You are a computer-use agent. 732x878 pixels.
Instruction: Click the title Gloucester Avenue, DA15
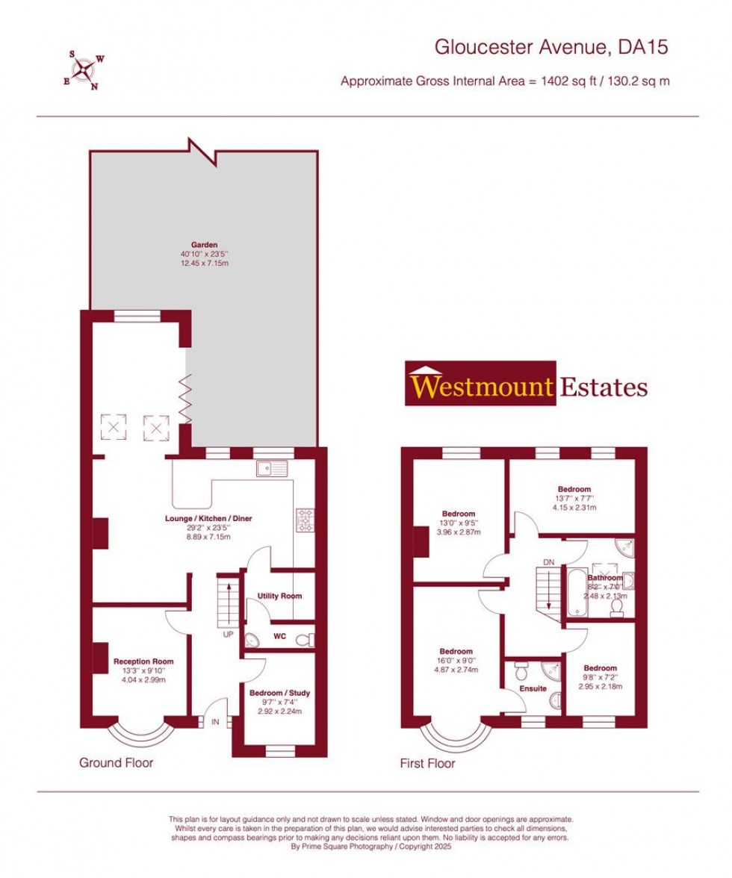coord(551,47)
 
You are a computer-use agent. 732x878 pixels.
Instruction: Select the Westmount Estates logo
coord(527,385)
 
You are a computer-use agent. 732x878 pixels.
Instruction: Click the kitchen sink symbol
coord(272,468)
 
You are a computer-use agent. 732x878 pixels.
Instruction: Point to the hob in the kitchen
coord(305,520)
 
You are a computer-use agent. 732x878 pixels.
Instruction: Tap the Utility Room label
coord(279,596)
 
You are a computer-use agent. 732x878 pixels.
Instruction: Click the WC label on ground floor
coord(280,637)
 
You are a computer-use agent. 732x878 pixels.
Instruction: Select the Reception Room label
coord(143,661)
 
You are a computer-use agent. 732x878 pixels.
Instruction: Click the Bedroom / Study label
coord(279,693)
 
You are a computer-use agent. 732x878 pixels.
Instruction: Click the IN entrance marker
coord(216,722)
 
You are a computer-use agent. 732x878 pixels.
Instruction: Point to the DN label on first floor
coord(549,562)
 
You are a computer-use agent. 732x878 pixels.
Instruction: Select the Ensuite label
coord(533,688)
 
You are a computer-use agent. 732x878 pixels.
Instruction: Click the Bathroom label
coord(604,578)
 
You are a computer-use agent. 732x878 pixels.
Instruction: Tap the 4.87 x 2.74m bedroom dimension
coord(456,670)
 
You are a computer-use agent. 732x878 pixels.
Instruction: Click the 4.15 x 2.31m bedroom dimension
coord(573,508)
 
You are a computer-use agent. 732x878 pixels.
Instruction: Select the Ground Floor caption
coord(116,762)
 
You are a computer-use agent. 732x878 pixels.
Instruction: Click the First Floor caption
coord(427,763)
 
